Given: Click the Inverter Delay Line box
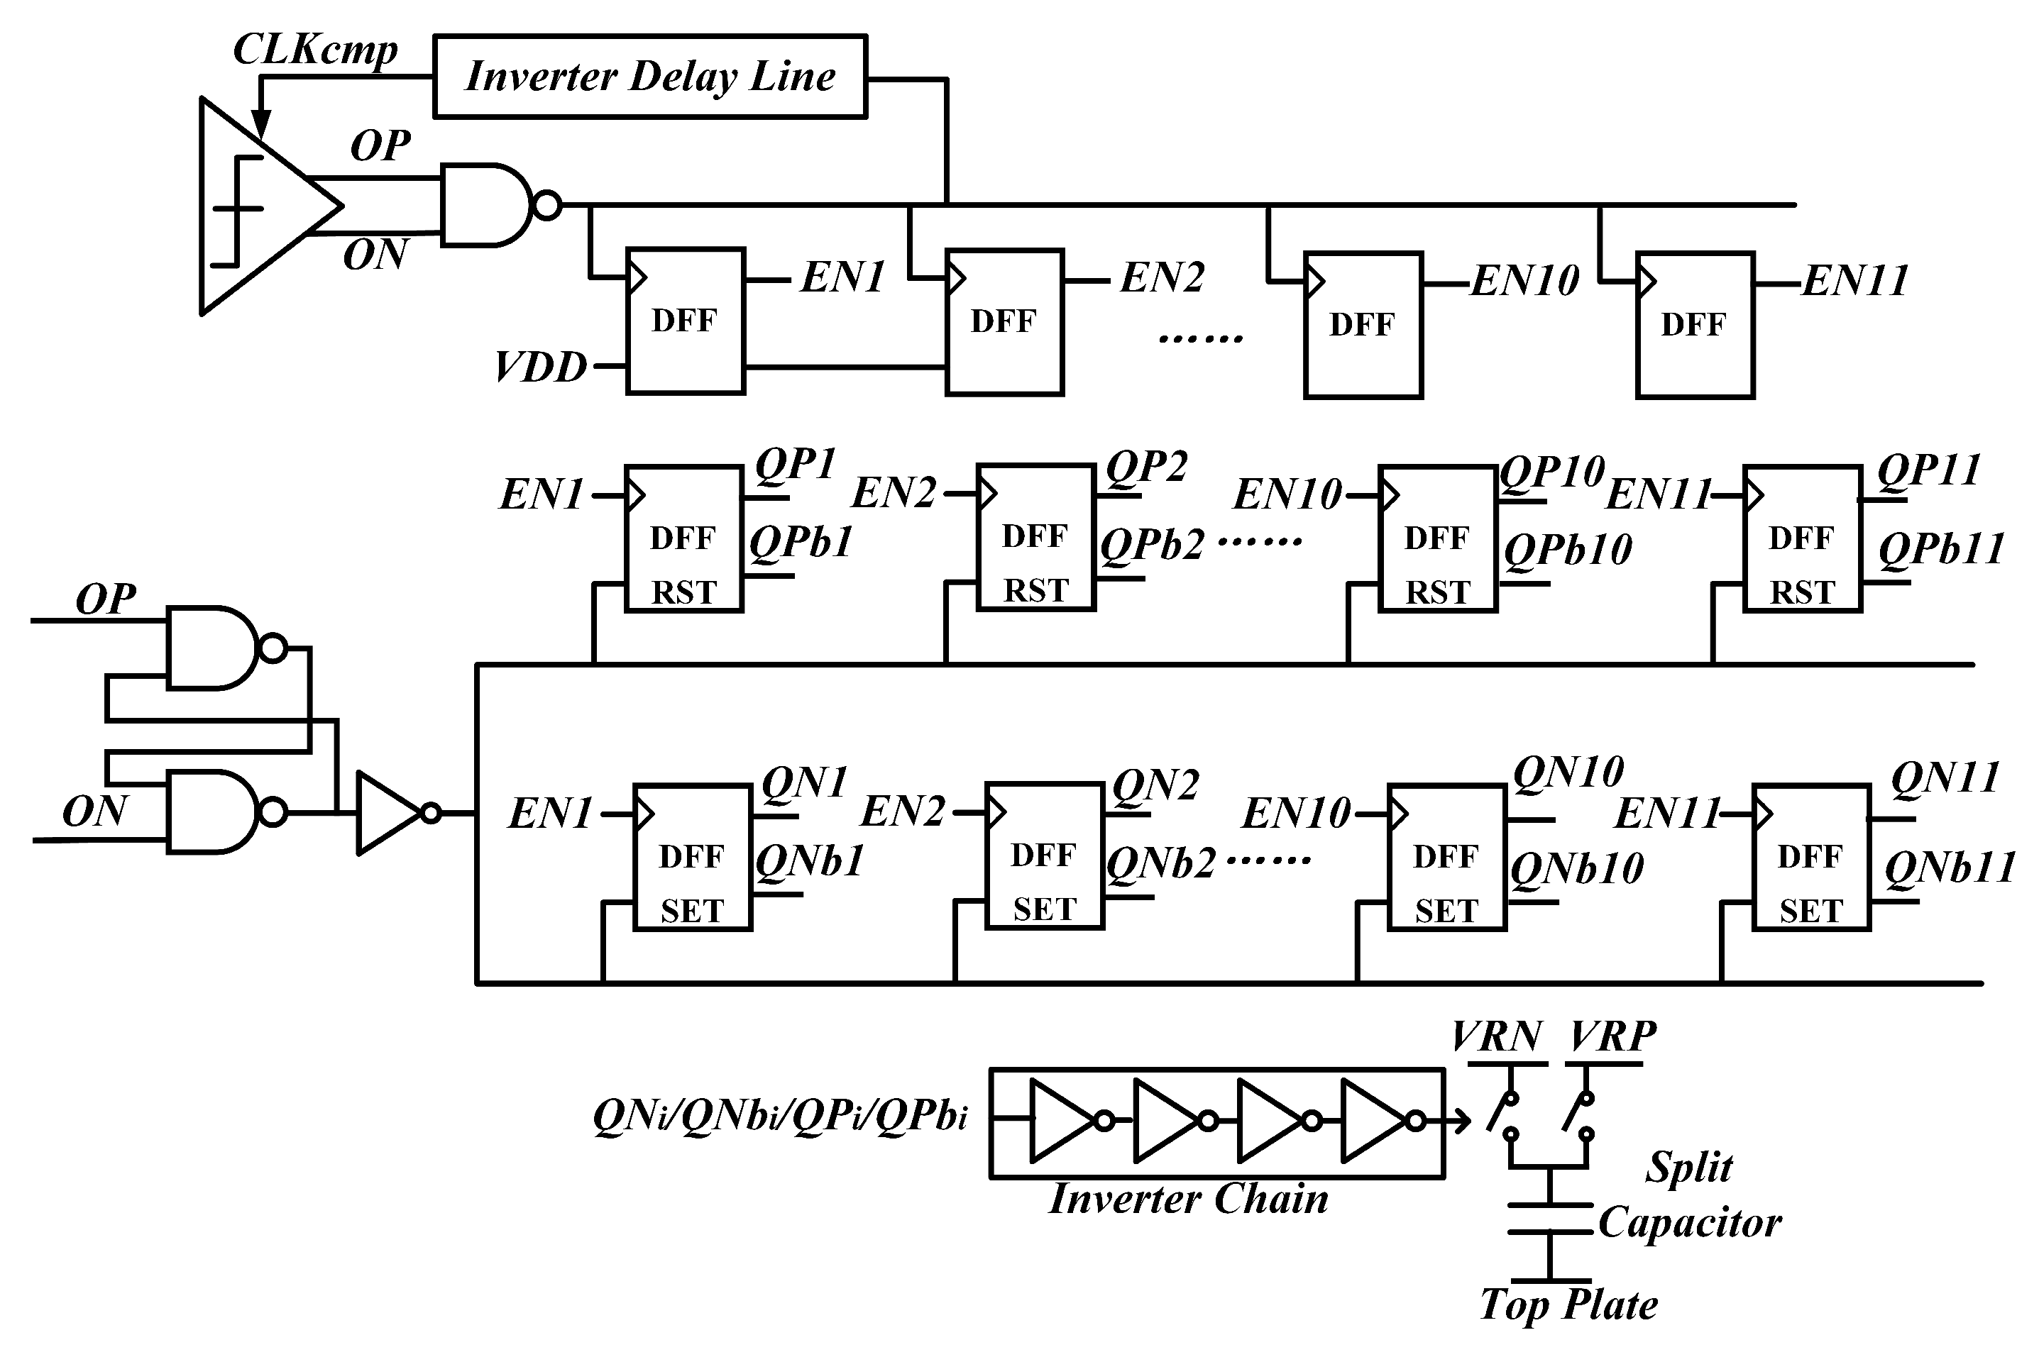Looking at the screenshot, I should (649, 76).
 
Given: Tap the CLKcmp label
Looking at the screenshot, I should (315, 50).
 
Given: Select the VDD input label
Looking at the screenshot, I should (540, 367).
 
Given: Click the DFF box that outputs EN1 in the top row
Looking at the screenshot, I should (685, 321).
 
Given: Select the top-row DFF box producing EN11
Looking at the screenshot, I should (1694, 325).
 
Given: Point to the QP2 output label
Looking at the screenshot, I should (1145, 467).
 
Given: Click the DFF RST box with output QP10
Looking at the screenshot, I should (1437, 539).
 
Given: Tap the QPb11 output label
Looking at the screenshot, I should (1941, 548).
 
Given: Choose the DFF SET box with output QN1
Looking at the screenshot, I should (692, 858).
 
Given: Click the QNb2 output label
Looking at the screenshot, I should (1160, 863).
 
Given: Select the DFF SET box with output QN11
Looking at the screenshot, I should (1810, 858).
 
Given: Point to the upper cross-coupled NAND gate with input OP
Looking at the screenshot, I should (213, 648).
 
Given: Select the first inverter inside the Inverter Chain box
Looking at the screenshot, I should (1064, 1121).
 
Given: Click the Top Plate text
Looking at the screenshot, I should (1568, 1305).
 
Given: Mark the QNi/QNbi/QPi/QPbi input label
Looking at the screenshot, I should (780, 1117).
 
